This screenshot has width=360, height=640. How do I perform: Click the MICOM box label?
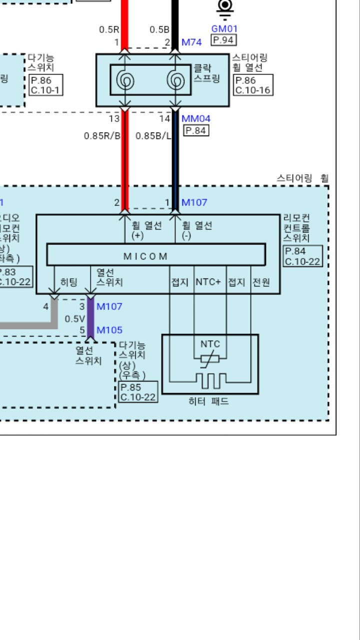145,256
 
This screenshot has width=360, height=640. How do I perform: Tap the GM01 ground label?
224,29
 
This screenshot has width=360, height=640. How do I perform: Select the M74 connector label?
191,42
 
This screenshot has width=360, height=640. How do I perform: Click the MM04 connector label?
195,119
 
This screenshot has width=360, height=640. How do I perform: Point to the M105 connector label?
109,330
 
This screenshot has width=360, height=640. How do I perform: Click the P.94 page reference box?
223,40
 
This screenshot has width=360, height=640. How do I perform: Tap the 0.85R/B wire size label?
102,135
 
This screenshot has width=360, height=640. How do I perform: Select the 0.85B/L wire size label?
153,135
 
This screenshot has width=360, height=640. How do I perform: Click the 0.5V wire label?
74,318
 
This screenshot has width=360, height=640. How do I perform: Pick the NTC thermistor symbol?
210,358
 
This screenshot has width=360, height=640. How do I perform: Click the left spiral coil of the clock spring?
124,80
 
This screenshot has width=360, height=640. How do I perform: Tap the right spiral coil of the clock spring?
175,80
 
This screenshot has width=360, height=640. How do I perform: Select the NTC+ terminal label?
208,282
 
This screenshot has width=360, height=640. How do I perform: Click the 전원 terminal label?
261,282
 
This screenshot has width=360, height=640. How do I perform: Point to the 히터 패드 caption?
208,401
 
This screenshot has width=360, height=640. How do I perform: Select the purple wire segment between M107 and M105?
90,318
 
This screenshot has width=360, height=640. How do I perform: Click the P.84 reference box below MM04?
196,131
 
